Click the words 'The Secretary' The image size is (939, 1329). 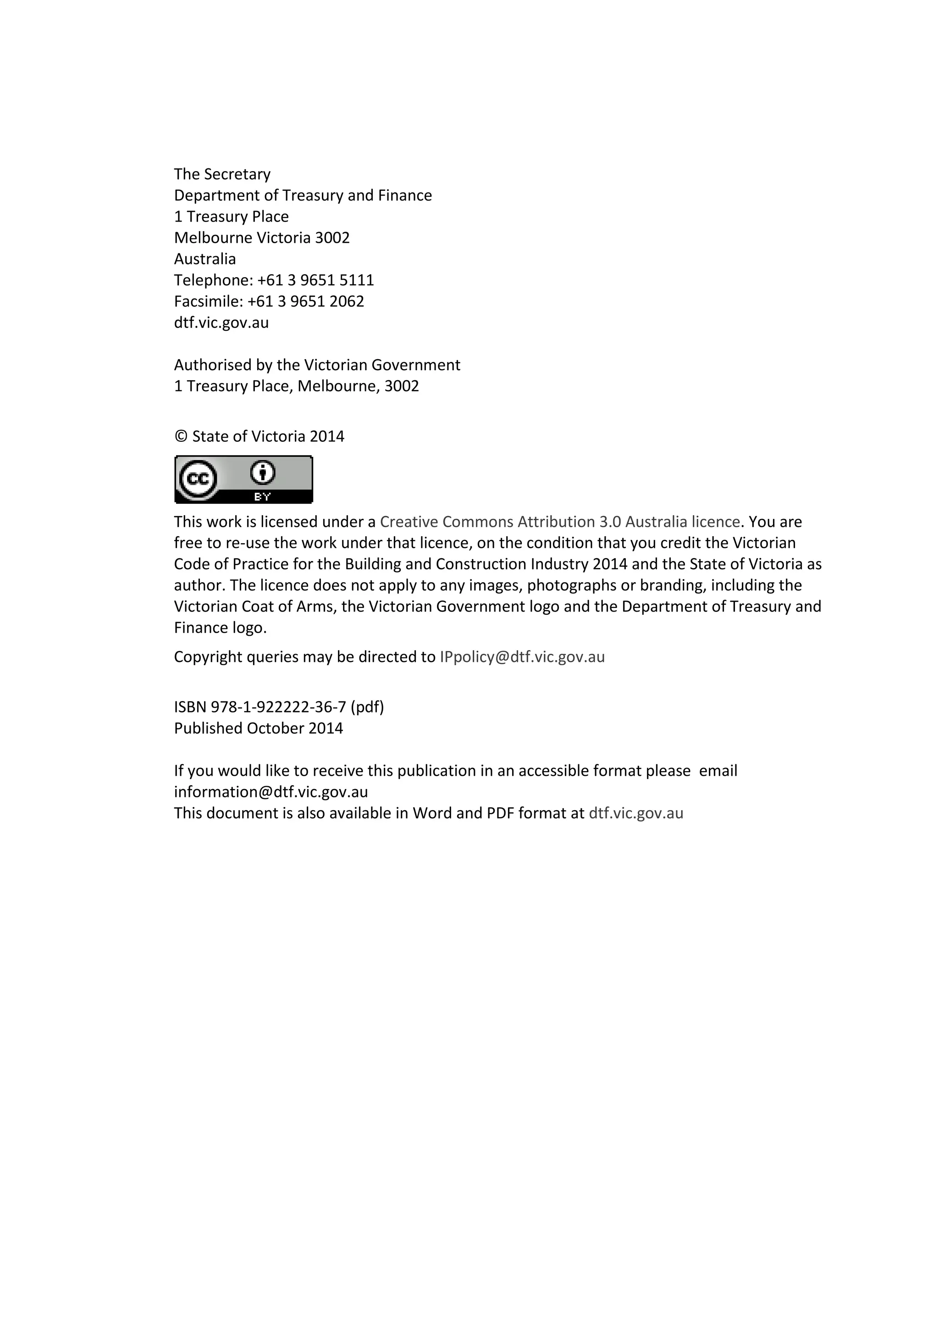(222, 174)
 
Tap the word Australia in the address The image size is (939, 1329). (205, 259)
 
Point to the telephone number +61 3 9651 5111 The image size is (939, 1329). (315, 280)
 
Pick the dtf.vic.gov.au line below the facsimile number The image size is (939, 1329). (221, 323)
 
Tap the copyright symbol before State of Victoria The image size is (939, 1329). (181, 436)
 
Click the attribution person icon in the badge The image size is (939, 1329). (263, 473)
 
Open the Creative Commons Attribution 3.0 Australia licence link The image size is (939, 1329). (559, 522)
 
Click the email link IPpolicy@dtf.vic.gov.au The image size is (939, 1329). (522, 657)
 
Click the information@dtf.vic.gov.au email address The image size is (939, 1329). (271, 792)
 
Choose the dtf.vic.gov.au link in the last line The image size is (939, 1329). (636, 813)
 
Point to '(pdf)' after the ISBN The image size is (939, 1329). (367, 707)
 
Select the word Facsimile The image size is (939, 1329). (208, 301)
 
